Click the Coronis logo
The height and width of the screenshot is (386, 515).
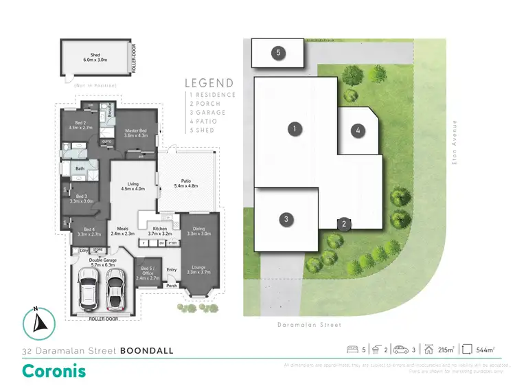(54, 371)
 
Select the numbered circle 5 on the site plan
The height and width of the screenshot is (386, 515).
(278, 53)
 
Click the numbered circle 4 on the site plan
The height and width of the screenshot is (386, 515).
(357, 130)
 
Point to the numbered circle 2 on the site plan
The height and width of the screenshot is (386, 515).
(342, 223)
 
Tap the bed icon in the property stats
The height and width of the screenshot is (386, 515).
(352, 350)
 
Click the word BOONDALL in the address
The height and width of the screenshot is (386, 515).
(146, 351)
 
